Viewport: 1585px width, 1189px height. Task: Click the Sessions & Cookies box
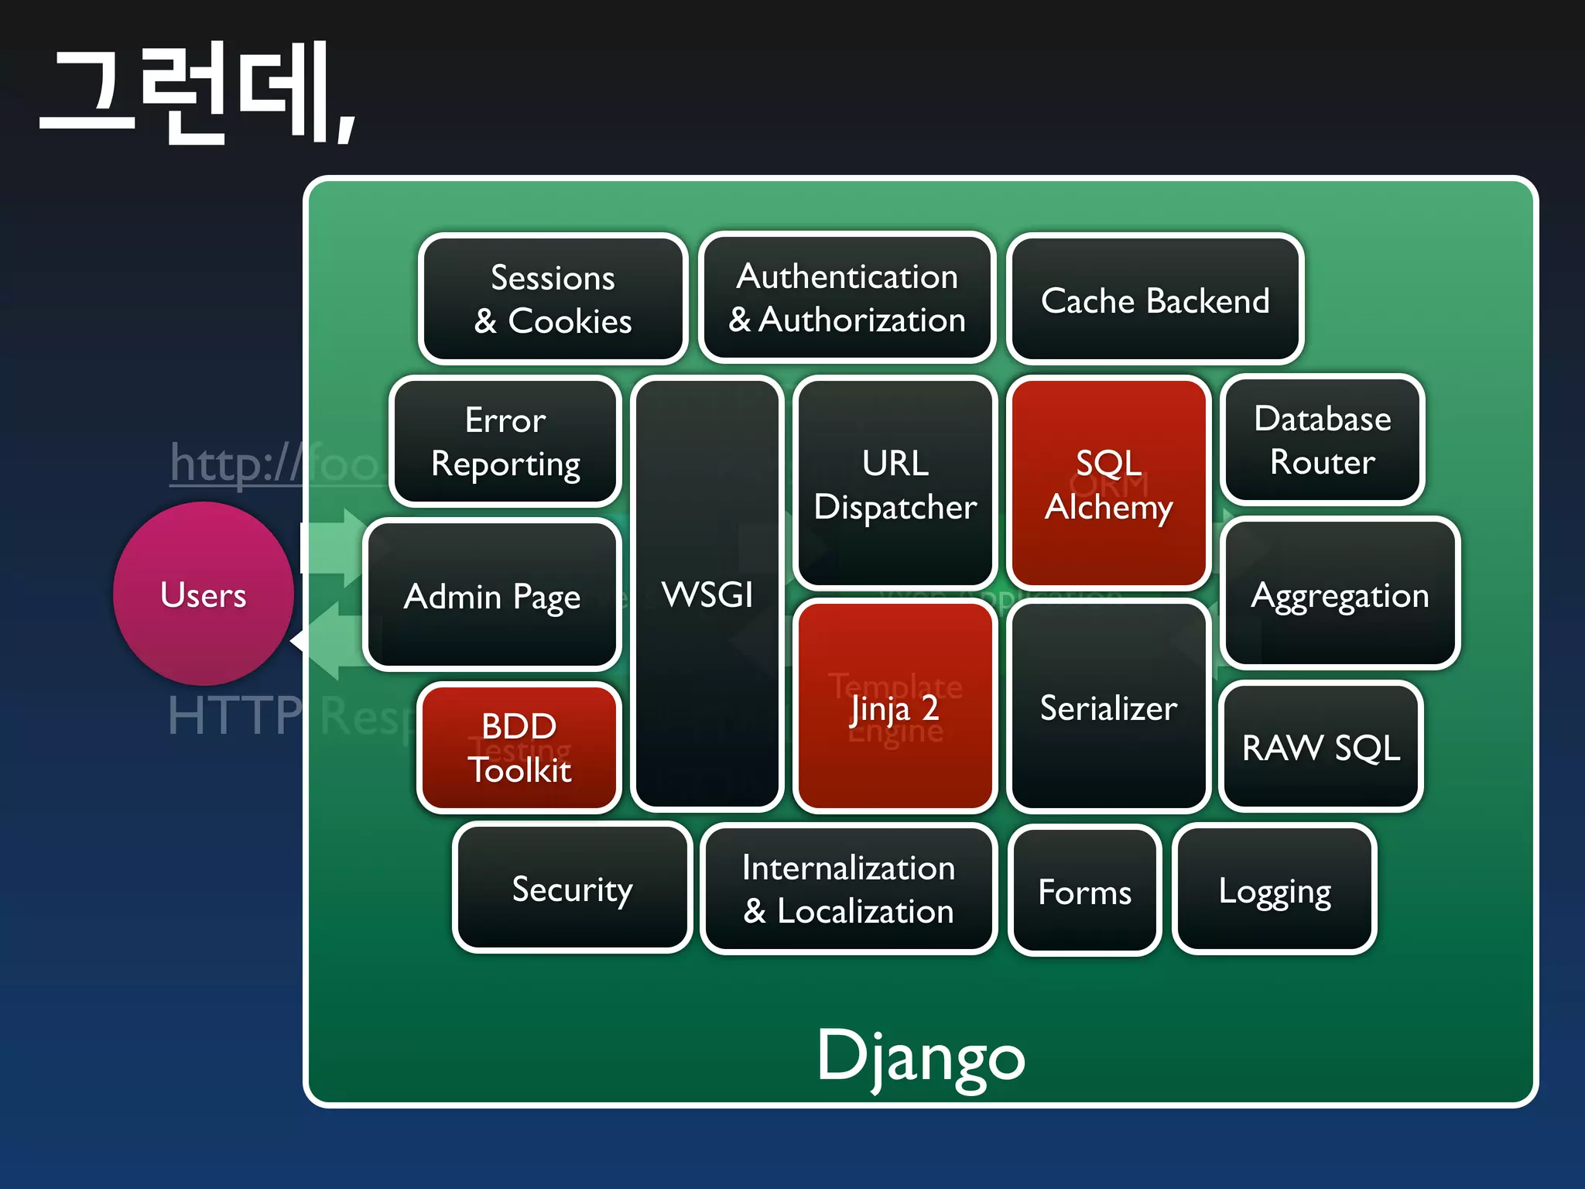(553, 299)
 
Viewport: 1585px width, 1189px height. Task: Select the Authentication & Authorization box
(847, 297)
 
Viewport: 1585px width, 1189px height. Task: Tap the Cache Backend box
(1155, 300)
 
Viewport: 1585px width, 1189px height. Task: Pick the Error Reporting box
(505, 441)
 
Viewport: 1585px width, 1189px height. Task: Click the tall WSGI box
(707, 594)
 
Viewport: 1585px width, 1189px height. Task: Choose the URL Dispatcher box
(895, 484)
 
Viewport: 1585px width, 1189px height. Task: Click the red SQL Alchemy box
(1108, 484)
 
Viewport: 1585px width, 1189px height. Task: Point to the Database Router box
(1323, 440)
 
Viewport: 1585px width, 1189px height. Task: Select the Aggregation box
(1340, 594)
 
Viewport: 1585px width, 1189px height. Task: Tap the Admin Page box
(492, 595)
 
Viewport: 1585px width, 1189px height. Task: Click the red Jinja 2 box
(895, 707)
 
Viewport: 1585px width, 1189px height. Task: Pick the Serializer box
(1108, 707)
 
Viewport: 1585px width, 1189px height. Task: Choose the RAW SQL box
(1321, 747)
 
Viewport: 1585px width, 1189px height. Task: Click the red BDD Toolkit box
(519, 747)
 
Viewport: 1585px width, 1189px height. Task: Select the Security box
(572, 889)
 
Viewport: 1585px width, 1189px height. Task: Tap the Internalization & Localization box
(848, 889)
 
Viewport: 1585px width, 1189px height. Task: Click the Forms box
(1084, 891)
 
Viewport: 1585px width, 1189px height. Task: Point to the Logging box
(1274, 890)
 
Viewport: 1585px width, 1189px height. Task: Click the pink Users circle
(204, 594)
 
